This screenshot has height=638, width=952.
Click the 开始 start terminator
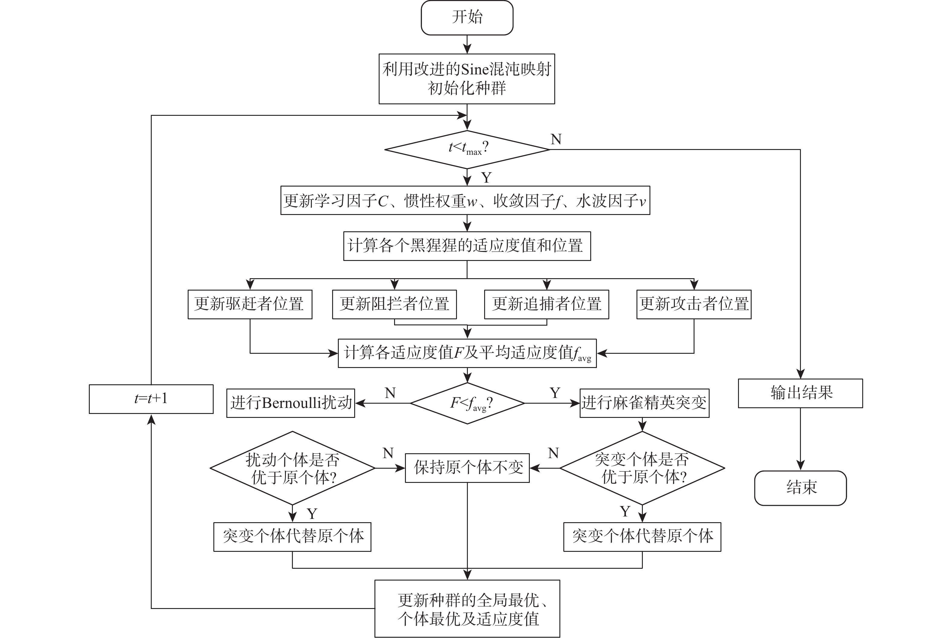tap(467, 18)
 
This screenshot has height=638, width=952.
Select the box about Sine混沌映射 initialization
tap(467, 79)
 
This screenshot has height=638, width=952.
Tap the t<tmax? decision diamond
tap(467, 149)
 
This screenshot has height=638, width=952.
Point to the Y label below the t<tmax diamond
tap(486, 178)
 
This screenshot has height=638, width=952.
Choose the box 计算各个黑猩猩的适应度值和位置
tap(467, 246)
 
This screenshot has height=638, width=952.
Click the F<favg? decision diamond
tap(467, 403)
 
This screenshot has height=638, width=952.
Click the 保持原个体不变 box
tap(467, 468)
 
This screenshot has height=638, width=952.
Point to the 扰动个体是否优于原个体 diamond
tap(292, 468)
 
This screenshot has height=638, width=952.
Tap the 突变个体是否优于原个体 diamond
tap(642, 468)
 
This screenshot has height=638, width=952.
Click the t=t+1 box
tap(151, 399)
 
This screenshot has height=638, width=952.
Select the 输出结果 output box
tap(800, 393)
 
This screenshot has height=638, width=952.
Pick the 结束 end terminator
tap(800, 488)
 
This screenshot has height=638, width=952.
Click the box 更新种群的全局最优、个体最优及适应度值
tap(467, 609)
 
